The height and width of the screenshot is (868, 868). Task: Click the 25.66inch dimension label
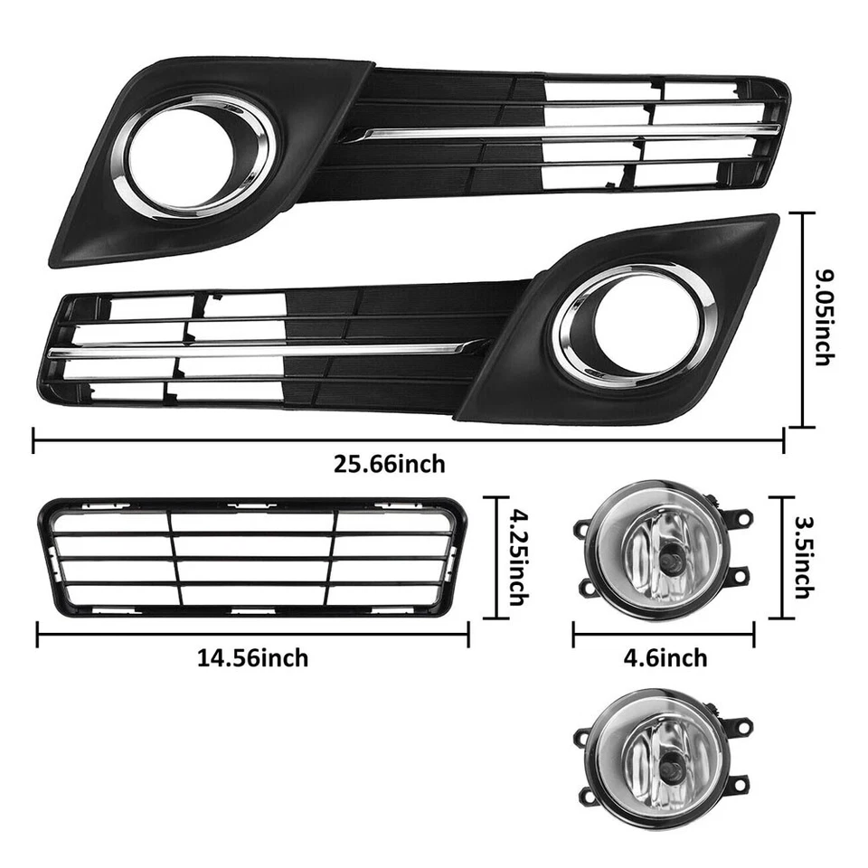click(390, 465)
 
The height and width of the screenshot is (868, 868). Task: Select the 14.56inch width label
click(252, 658)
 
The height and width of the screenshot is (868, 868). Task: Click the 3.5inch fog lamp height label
click(801, 557)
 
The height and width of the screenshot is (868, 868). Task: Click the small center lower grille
click(252, 559)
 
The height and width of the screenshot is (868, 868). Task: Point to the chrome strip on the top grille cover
click(561, 133)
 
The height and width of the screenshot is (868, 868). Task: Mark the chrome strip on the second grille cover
click(262, 349)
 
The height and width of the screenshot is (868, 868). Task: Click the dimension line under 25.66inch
click(407, 440)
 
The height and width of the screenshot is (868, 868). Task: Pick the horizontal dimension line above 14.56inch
click(252, 633)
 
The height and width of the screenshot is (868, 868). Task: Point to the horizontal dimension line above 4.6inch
click(663, 633)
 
